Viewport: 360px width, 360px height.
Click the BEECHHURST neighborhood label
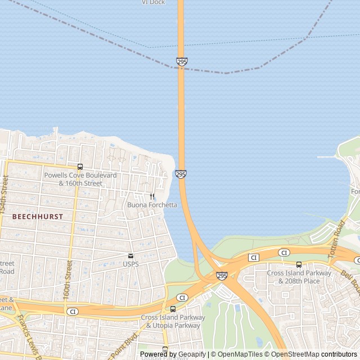pyautogui.click(x=38, y=216)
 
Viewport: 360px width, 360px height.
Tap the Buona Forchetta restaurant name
pyautogui.click(x=152, y=205)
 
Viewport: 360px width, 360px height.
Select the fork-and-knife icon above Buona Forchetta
pyautogui.click(x=152, y=196)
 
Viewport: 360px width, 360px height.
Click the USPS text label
pyautogui.click(x=130, y=264)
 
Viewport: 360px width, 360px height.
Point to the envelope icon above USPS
pyautogui.click(x=130, y=256)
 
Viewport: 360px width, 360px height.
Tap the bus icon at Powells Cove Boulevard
pyautogui.click(x=80, y=166)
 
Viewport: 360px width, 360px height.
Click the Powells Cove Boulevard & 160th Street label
pyautogui.click(x=80, y=179)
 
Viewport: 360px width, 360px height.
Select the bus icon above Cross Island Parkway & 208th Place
pyautogui.click(x=299, y=264)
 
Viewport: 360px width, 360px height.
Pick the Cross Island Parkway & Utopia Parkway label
pyautogui.click(x=173, y=321)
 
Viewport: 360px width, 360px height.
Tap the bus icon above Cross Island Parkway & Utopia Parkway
pyautogui.click(x=173, y=309)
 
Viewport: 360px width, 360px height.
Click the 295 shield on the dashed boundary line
pyautogui.click(x=181, y=61)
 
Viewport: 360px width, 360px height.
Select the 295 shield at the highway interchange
pyautogui.click(x=222, y=276)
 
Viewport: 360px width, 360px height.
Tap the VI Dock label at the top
pyautogui.click(x=153, y=2)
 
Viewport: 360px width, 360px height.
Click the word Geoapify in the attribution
pyautogui.click(x=191, y=354)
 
